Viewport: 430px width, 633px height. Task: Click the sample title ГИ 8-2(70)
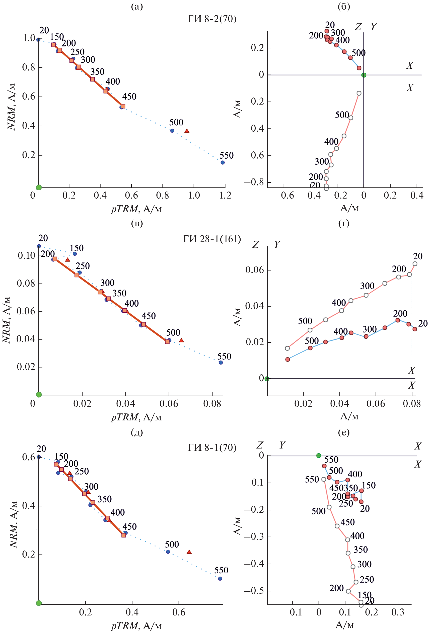(x=212, y=19)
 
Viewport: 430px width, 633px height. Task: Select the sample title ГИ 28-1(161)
(x=212, y=239)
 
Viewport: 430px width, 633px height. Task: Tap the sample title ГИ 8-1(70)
(x=212, y=447)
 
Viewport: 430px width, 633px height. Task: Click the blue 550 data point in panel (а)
(x=223, y=163)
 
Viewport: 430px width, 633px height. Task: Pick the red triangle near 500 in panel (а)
(x=187, y=131)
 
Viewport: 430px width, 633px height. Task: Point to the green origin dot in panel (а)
(x=39, y=188)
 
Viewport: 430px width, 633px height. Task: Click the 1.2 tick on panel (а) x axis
(x=225, y=195)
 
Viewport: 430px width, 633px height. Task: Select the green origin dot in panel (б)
(x=364, y=75)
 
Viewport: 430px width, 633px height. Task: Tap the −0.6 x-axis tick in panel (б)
(x=284, y=195)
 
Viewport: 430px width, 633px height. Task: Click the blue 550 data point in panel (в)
(x=221, y=363)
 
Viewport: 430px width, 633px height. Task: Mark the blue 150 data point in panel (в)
(x=75, y=254)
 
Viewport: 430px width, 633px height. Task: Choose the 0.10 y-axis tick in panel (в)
(x=26, y=256)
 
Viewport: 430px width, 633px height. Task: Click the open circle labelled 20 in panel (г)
(x=415, y=264)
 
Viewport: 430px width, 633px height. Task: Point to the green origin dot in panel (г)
(x=267, y=379)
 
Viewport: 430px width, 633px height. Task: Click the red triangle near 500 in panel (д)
(x=189, y=552)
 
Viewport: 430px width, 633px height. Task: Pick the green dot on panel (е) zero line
(x=319, y=456)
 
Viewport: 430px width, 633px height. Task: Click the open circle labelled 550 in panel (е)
(x=324, y=479)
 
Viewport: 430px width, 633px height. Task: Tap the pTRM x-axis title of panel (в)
(x=136, y=417)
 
